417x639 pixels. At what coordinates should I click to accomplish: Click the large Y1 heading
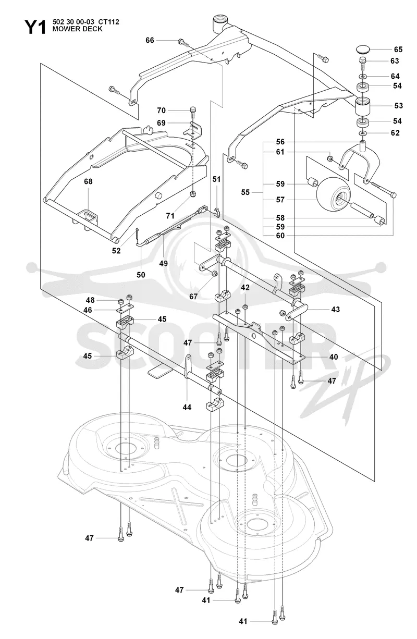coord(35,28)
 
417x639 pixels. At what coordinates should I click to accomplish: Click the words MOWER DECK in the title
coord(77,29)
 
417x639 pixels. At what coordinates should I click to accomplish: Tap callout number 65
coord(398,50)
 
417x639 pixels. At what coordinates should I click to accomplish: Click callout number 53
coord(398,106)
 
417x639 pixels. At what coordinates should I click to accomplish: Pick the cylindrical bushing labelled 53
coord(362,106)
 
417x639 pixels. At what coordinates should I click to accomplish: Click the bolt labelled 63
coord(362,64)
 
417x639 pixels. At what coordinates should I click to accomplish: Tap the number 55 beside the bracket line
coord(246,192)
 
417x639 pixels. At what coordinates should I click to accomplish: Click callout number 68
coord(88,181)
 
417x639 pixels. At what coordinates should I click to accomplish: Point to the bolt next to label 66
coord(183,43)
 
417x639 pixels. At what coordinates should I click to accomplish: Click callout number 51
coord(216,179)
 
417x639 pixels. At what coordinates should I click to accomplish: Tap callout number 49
coord(164,263)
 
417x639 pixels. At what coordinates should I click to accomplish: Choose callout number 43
coord(336,309)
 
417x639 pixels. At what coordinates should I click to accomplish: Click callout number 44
coord(187,408)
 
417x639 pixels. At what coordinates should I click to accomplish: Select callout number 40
coord(334,357)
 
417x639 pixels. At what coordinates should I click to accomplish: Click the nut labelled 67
coord(215,274)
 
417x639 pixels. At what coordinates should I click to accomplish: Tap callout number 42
coord(245,288)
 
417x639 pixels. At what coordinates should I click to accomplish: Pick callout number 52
coord(116,251)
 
